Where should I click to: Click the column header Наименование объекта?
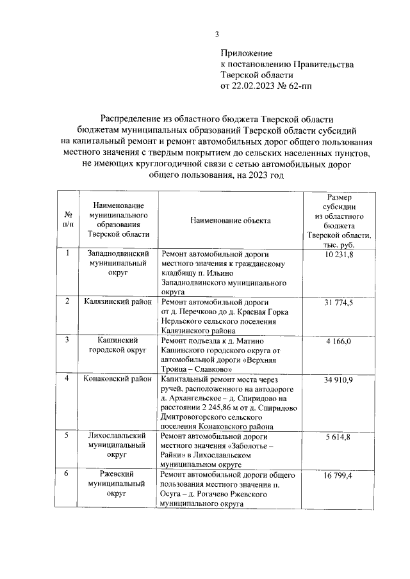230,220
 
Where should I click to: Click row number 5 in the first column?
68,436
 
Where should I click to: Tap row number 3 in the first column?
68,340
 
